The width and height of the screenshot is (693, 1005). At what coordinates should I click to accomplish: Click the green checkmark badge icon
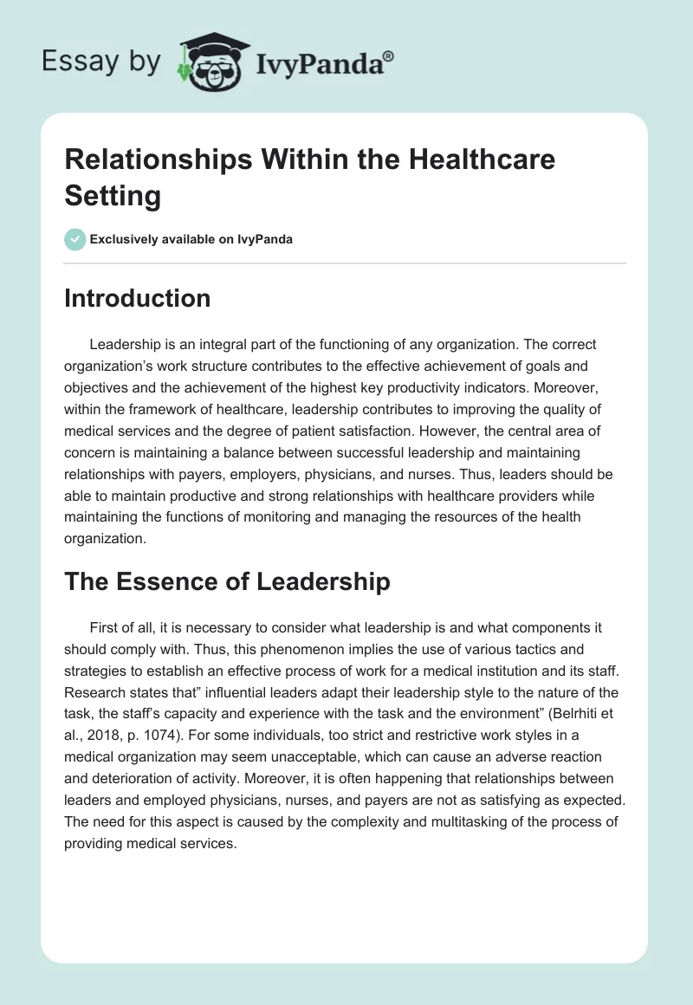(x=75, y=239)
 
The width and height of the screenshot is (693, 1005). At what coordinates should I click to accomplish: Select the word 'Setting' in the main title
(x=113, y=195)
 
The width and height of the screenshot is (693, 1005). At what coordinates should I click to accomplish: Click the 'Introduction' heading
(x=137, y=298)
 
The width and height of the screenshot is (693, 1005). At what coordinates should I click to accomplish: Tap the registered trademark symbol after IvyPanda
(x=389, y=55)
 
